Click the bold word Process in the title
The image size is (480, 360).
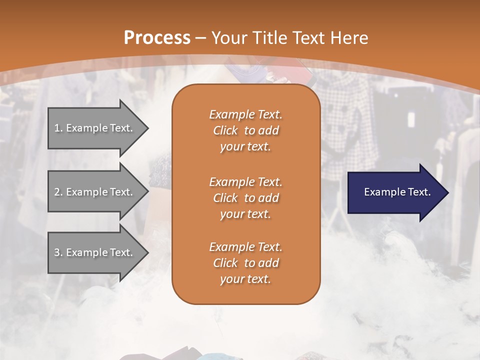pyautogui.click(x=157, y=38)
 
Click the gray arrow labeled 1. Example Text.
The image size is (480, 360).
pyautogui.click(x=95, y=128)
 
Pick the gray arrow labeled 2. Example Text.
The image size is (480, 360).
pyautogui.click(x=95, y=192)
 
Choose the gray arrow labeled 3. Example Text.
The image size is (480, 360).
pyautogui.click(x=95, y=252)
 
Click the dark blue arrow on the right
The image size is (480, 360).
pyautogui.click(x=395, y=192)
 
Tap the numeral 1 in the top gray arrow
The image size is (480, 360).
pyautogui.click(x=56, y=128)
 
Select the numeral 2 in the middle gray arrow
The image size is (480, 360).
pyautogui.click(x=56, y=192)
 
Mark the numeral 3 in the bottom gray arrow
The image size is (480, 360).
pyautogui.click(x=56, y=252)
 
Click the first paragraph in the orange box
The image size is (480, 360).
pyautogui.click(x=245, y=130)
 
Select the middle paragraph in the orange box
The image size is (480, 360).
pyautogui.click(x=245, y=198)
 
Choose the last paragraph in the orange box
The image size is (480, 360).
pyautogui.click(x=245, y=263)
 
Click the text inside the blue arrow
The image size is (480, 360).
pyautogui.click(x=397, y=192)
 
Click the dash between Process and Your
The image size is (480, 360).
pyautogui.click(x=201, y=38)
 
